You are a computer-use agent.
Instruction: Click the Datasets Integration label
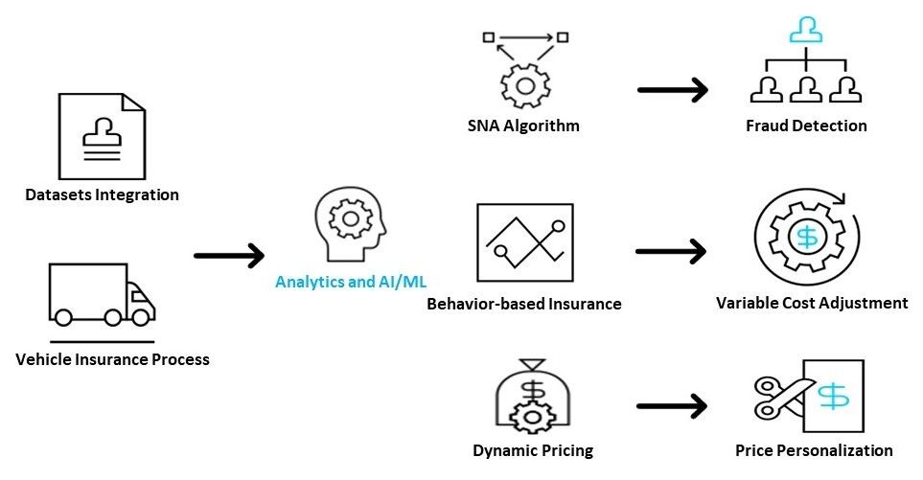click(x=102, y=194)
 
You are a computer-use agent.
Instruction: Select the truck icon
click(x=101, y=295)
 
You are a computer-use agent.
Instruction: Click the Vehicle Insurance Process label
click(x=113, y=360)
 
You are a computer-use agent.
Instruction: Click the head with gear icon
click(x=349, y=224)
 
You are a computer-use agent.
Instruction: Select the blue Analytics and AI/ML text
click(x=351, y=282)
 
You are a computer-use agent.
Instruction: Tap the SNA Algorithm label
click(x=523, y=126)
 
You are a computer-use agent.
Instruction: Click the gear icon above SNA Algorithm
click(x=523, y=82)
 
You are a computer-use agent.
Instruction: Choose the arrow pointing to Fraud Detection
click(x=672, y=91)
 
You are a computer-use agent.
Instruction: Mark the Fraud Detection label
click(x=806, y=126)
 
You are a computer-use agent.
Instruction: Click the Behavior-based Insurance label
click(x=524, y=304)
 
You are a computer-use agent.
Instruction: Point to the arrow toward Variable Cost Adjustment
click(x=671, y=252)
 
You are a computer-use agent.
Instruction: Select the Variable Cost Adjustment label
click(x=812, y=303)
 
